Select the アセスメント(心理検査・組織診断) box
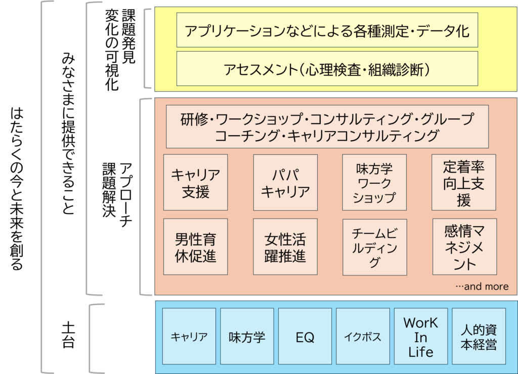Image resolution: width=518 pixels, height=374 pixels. tap(327, 68)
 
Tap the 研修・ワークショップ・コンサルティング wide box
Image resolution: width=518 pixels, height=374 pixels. tap(327, 127)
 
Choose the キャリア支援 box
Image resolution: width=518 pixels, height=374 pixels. tap(196, 183)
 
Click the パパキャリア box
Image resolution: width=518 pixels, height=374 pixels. tap(285, 183)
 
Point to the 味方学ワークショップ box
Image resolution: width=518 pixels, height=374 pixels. tap(374, 183)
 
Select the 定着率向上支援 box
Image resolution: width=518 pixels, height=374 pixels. tap(464, 183)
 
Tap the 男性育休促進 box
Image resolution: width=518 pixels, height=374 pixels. tap(196, 246)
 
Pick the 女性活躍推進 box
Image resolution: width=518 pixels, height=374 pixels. tap(285, 246)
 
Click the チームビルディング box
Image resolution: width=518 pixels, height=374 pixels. tap(374, 246)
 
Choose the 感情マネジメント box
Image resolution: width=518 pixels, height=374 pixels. tap(464, 246)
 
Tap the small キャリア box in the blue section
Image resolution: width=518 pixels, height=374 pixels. tap(189, 337)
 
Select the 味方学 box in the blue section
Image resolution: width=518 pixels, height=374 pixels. tap(247, 337)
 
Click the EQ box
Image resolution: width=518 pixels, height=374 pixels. tap(305, 337)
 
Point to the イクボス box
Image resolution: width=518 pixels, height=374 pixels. tap(363, 337)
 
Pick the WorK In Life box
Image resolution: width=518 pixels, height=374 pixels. tap(421, 337)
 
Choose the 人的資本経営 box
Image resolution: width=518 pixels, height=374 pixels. tap(479, 337)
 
